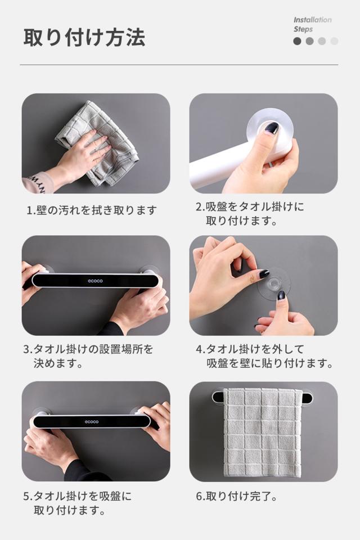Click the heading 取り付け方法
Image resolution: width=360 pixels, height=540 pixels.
[x=84, y=38]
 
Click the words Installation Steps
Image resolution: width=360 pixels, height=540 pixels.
[x=312, y=24]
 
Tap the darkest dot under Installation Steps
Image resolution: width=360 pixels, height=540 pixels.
[x=298, y=41]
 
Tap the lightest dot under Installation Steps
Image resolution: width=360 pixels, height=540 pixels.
[x=334, y=41]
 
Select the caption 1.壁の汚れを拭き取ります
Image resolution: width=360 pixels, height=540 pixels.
[x=92, y=210]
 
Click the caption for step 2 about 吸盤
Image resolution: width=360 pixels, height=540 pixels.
[x=250, y=214]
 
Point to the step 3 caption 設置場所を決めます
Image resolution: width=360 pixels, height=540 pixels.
[x=88, y=356]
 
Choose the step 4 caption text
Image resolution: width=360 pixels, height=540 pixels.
[x=264, y=356]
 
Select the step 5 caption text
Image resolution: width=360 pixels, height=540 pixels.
[x=78, y=503]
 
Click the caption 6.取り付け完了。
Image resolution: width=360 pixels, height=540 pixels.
[x=237, y=497]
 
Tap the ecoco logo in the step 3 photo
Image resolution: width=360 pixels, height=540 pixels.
[x=95, y=281]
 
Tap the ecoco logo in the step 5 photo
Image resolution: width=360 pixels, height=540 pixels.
[x=92, y=421]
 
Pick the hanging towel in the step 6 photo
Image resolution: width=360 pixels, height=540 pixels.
[x=263, y=433]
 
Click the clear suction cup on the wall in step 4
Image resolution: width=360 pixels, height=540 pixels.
[x=274, y=283]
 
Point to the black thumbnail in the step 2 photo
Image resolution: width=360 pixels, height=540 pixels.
[x=272, y=128]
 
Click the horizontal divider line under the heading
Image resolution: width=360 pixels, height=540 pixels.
[x=179, y=65]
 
